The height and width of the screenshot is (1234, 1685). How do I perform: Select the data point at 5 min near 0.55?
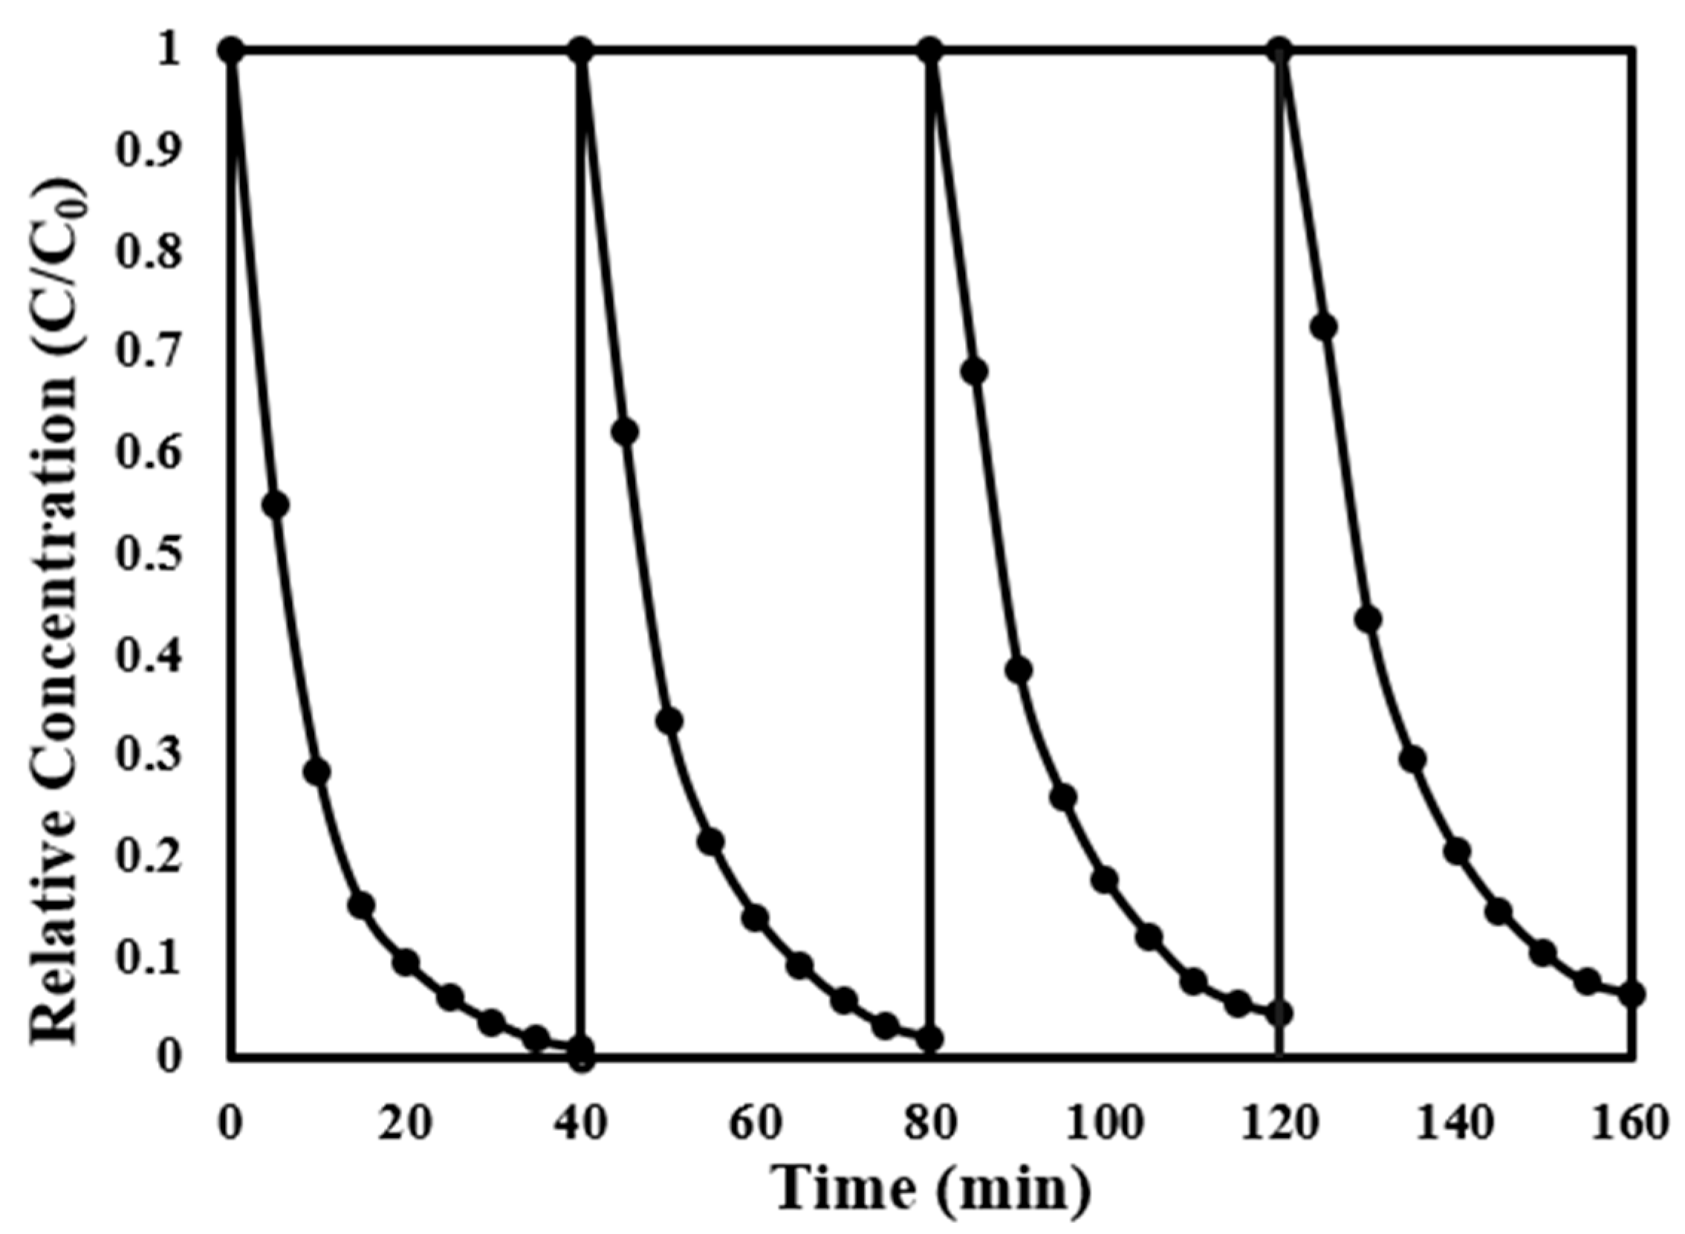276,505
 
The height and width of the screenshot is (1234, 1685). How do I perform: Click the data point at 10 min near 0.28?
317,772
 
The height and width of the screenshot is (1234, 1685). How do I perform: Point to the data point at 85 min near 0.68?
974,371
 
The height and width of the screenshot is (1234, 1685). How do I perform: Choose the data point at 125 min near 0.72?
1324,327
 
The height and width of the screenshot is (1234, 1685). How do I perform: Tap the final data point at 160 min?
1633,993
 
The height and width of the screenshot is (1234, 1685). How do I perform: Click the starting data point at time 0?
232,51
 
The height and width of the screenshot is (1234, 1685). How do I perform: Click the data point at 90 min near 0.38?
1019,670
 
